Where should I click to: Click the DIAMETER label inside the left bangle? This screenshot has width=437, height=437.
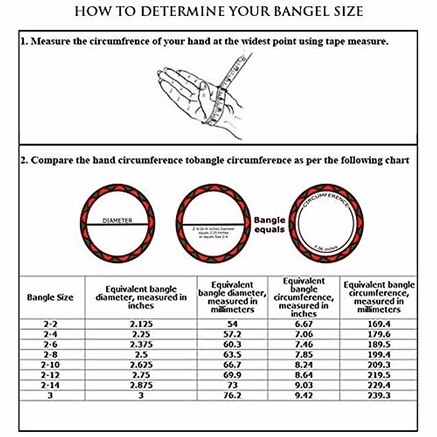coord(117,221)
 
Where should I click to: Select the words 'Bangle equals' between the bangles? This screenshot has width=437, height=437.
coord(269,225)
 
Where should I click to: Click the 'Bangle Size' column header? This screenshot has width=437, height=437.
coord(50,298)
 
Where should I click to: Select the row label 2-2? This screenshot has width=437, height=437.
coord(50,324)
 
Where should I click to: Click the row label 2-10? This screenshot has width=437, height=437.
coord(50,365)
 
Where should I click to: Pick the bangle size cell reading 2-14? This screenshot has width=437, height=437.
coord(50,385)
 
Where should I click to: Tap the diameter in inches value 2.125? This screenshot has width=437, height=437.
coord(141,324)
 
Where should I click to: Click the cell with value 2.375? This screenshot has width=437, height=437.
coord(141,345)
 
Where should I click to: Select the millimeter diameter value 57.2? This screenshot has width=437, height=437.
coord(232,334)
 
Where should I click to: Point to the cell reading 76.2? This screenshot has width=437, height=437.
coord(232,395)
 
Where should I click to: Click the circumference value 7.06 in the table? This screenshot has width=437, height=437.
coord(304,334)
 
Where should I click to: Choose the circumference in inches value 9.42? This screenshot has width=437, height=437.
coord(304,395)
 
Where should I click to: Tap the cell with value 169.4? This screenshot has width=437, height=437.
coord(379,324)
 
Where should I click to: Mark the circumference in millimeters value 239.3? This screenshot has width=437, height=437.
coord(379,395)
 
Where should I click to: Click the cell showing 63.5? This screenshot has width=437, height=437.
coord(232,355)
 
